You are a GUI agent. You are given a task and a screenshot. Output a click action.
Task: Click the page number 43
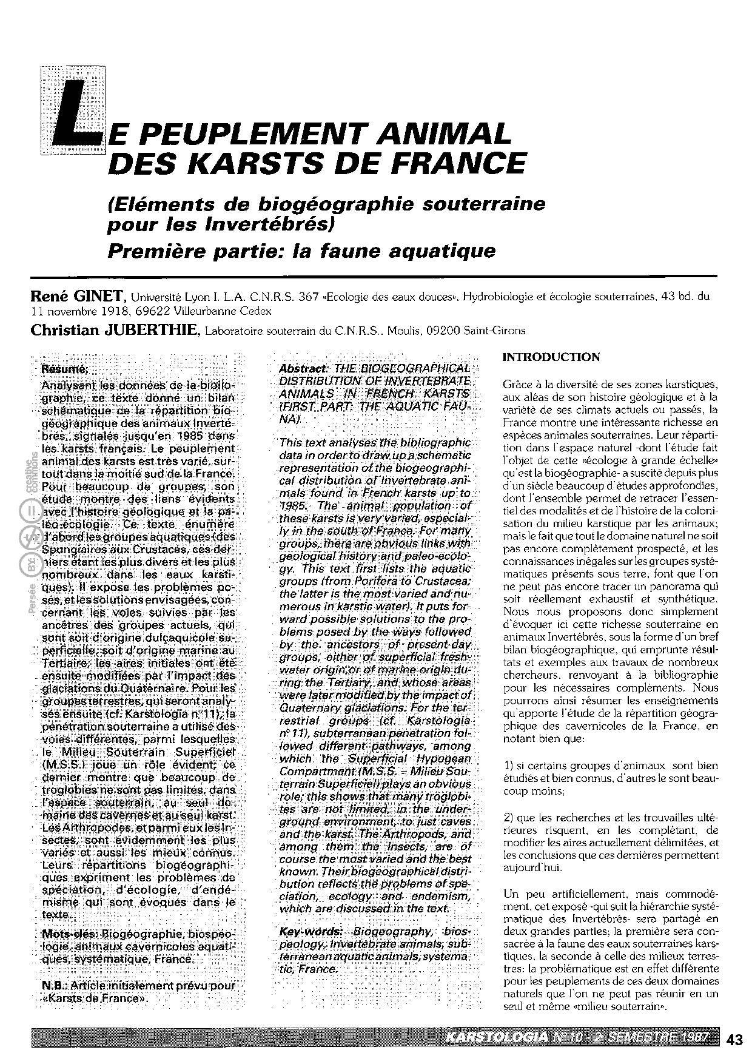(734, 1039)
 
